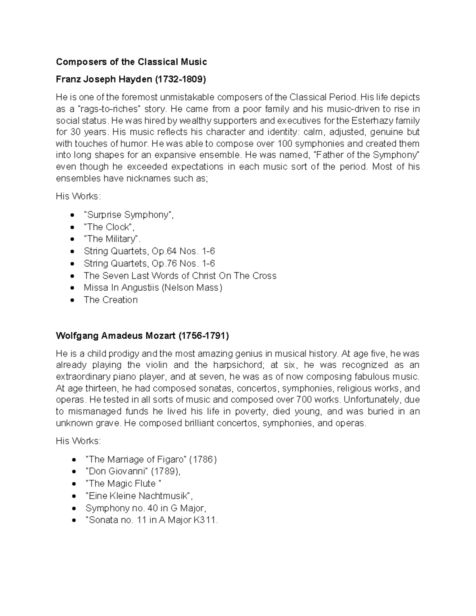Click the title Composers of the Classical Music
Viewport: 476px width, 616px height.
tap(131, 62)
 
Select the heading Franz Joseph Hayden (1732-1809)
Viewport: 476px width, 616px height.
tap(131, 79)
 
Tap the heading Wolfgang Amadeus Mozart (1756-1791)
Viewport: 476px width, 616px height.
tap(142, 336)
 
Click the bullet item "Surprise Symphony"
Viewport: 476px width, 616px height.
tap(129, 215)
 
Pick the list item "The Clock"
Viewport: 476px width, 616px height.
tap(109, 227)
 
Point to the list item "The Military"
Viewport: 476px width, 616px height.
tap(112, 239)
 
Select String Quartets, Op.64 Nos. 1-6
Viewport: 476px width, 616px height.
tap(149, 251)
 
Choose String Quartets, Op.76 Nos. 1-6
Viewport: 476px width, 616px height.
tap(149, 264)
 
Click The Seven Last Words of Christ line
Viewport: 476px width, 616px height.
tap(180, 276)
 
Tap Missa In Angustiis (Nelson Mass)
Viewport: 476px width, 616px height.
tap(153, 288)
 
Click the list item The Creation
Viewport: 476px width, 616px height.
tap(111, 300)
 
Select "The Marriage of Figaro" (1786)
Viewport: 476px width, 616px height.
tap(151, 460)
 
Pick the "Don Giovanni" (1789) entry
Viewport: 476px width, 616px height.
tap(133, 472)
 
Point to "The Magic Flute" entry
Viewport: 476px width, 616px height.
tap(123, 484)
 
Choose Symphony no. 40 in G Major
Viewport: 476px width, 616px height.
tap(146, 508)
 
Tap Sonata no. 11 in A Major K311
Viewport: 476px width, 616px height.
tap(152, 520)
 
